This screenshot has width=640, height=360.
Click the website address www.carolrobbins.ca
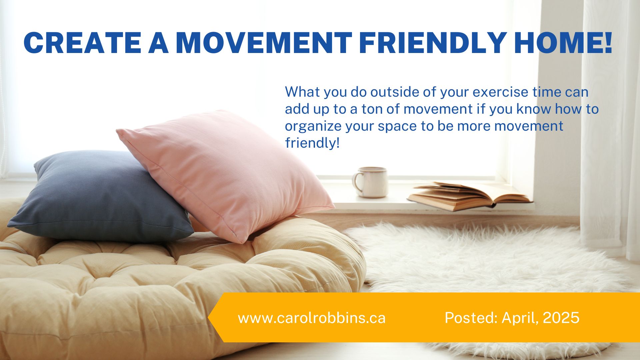coord(312,318)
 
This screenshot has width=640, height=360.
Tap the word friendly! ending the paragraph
coord(312,143)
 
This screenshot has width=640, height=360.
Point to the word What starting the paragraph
coord(302,92)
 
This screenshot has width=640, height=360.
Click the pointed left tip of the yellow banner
coord(209,317)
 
